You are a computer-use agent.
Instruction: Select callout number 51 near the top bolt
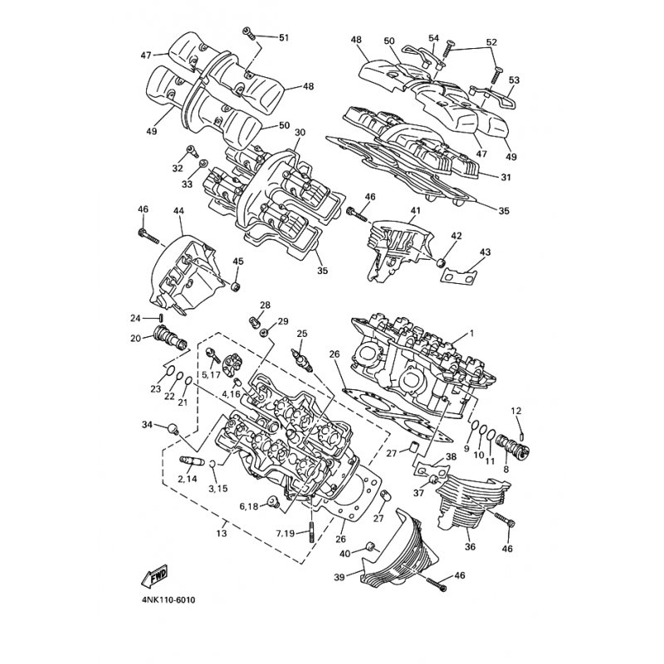(x=284, y=37)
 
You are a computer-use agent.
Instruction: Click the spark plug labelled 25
(x=301, y=360)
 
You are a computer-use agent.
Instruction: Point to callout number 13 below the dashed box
(x=222, y=533)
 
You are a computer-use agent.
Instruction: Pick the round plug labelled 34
(x=173, y=428)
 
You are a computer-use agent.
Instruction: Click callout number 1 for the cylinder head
(x=471, y=334)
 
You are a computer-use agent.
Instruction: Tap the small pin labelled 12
(x=522, y=433)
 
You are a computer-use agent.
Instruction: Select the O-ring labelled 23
(x=168, y=371)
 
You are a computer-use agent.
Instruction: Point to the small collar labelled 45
(x=236, y=286)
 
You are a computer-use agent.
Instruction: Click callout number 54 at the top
(x=433, y=38)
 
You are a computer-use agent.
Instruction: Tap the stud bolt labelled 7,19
(x=312, y=532)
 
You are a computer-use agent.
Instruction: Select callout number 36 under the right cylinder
(x=470, y=547)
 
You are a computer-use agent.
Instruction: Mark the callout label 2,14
(x=188, y=480)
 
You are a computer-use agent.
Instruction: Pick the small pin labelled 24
(x=161, y=318)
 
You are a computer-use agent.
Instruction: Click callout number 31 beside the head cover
(x=505, y=178)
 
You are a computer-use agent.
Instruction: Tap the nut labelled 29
(x=263, y=333)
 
